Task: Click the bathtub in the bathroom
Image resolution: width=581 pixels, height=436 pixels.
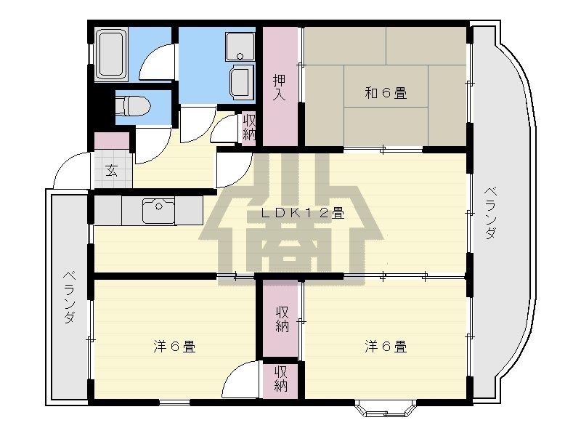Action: tap(111, 54)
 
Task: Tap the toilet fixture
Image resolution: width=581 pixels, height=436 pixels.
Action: tap(133, 105)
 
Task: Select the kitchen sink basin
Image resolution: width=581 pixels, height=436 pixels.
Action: tap(158, 211)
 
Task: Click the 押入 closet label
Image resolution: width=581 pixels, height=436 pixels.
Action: tap(280, 87)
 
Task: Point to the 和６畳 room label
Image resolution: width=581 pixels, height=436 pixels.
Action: tap(386, 93)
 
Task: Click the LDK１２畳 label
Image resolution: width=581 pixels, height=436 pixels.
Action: tap(303, 213)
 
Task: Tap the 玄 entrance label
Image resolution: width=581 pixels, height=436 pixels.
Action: tap(111, 170)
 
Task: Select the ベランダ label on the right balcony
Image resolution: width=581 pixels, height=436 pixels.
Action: tap(491, 213)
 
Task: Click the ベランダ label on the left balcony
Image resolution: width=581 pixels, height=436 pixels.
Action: tap(70, 297)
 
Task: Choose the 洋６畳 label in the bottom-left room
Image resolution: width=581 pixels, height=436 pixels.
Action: tap(174, 347)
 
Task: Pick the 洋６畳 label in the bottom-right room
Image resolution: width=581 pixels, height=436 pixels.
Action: tap(386, 347)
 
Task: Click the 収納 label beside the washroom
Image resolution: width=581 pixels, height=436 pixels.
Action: tap(249, 127)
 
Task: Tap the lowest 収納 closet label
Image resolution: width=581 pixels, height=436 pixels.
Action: tap(281, 379)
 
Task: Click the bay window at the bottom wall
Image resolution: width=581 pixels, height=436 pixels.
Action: tap(386, 408)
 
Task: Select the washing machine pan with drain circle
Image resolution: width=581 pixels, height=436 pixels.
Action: tap(240, 47)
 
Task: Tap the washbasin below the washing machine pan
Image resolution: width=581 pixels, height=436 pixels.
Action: tap(242, 81)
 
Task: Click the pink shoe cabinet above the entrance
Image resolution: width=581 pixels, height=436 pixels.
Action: tap(112, 141)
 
